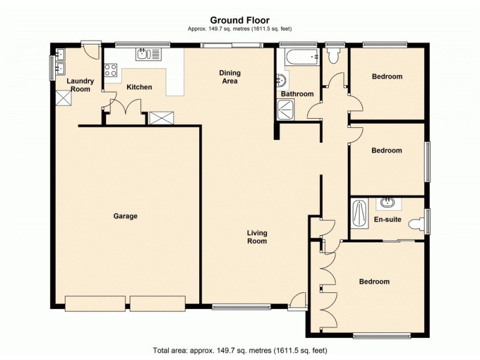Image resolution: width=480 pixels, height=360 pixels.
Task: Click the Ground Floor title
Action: point(239,20)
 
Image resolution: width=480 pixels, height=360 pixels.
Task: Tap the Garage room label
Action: point(126,216)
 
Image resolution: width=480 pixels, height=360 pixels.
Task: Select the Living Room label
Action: point(257,237)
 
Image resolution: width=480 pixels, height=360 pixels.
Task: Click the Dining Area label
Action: point(229,77)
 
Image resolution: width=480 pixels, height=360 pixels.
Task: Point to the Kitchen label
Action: point(139,87)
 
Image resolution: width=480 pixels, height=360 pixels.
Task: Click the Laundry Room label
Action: point(80,85)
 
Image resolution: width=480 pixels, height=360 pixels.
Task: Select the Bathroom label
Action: point(297,94)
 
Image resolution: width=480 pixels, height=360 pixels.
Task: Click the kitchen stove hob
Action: point(111,69)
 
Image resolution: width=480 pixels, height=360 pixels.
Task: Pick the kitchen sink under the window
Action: point(149,55)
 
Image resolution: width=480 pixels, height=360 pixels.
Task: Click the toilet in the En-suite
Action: point(416,224)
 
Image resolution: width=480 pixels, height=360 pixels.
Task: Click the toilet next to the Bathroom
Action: point(334,56)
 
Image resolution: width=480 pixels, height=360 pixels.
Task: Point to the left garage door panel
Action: point(96,303)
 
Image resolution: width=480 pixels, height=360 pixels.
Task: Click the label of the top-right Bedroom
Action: point(387,77)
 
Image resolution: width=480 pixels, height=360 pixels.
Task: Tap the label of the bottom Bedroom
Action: point(374,281)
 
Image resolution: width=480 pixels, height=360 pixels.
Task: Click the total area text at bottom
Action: point(239,350)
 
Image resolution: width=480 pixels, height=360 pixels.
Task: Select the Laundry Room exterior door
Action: point(91,50)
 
